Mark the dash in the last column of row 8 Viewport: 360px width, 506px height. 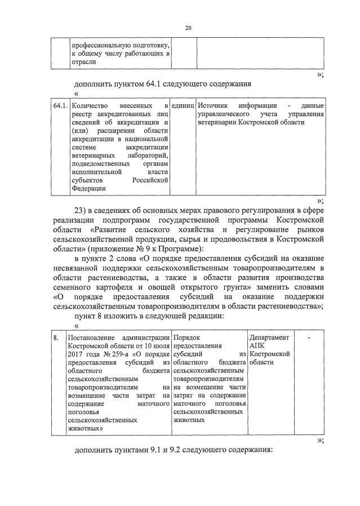click(309, 336)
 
